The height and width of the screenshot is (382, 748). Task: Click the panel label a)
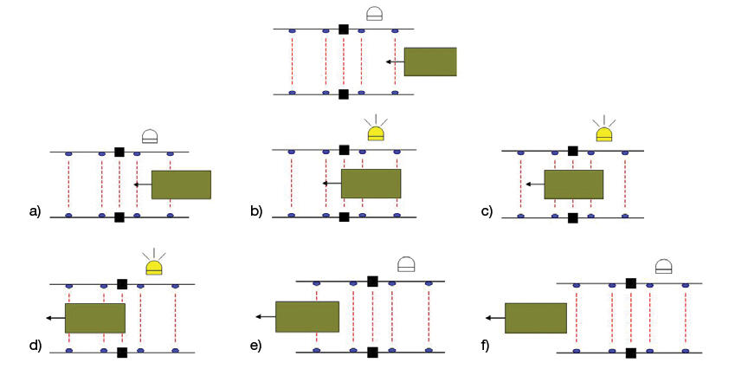click(x=35, y=210)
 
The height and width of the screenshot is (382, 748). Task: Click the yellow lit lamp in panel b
click(x=376, y=133)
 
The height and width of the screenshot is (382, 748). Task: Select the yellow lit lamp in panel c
click(x=603, y=133)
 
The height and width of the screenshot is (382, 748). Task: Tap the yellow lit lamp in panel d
click(x=154, y=267)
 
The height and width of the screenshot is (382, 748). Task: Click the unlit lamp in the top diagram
click(x=375, y=14)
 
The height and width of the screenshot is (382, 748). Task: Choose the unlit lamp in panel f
click(x=664, y=267)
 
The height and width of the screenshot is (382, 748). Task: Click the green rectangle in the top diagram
click(x=430, y=62)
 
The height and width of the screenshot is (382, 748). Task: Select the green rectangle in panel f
click(x=536, y=318)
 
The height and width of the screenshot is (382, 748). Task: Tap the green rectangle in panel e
click(x=306, y=316)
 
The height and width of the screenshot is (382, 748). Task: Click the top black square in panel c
click(x=572, y=151)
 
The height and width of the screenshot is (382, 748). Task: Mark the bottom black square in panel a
click(x=119, y=217)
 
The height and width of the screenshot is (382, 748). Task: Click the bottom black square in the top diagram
click(x=344, y=94)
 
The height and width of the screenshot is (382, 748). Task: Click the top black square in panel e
click(x=372, y=281)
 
